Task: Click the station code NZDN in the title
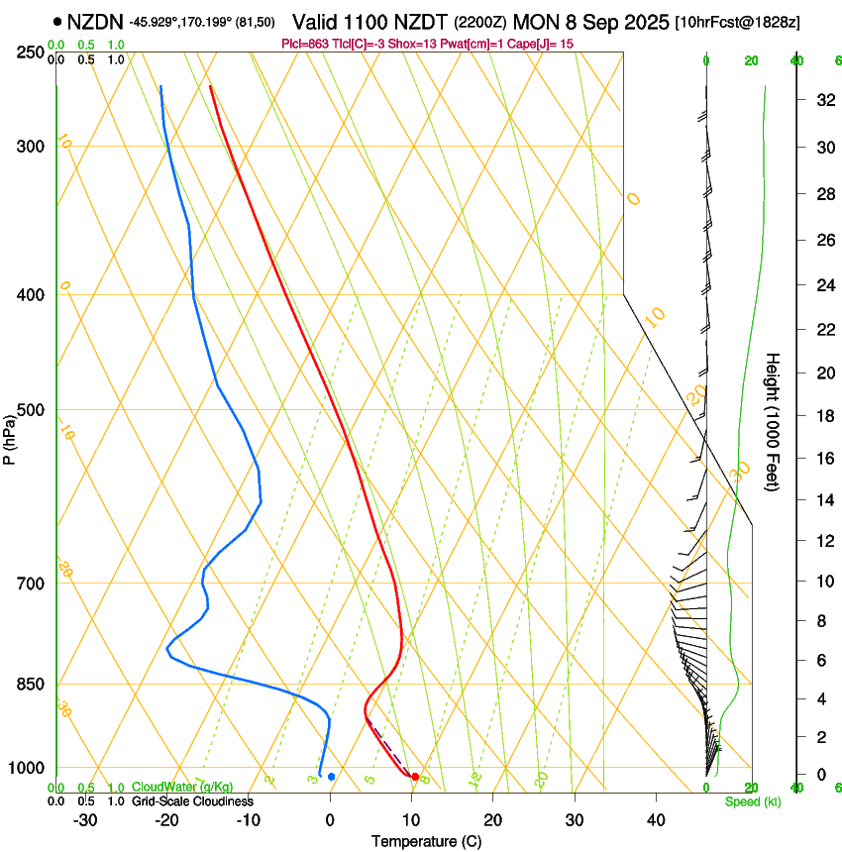coord(95,21)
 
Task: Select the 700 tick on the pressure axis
coord(29,583)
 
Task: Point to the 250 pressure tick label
coord(29,52)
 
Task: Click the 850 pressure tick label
coord(29,684)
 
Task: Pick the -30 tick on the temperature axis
coord(85,820)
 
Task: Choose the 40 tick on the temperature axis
coord(656,820)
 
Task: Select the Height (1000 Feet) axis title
coord(774,421)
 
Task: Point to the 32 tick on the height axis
coord(822,100)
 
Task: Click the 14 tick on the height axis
coord(822,500)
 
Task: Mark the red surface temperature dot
coord(414,777)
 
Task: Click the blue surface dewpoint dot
coord(331,777)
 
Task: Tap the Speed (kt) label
coord(752,801)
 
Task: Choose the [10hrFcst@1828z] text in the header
coord(738,22)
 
